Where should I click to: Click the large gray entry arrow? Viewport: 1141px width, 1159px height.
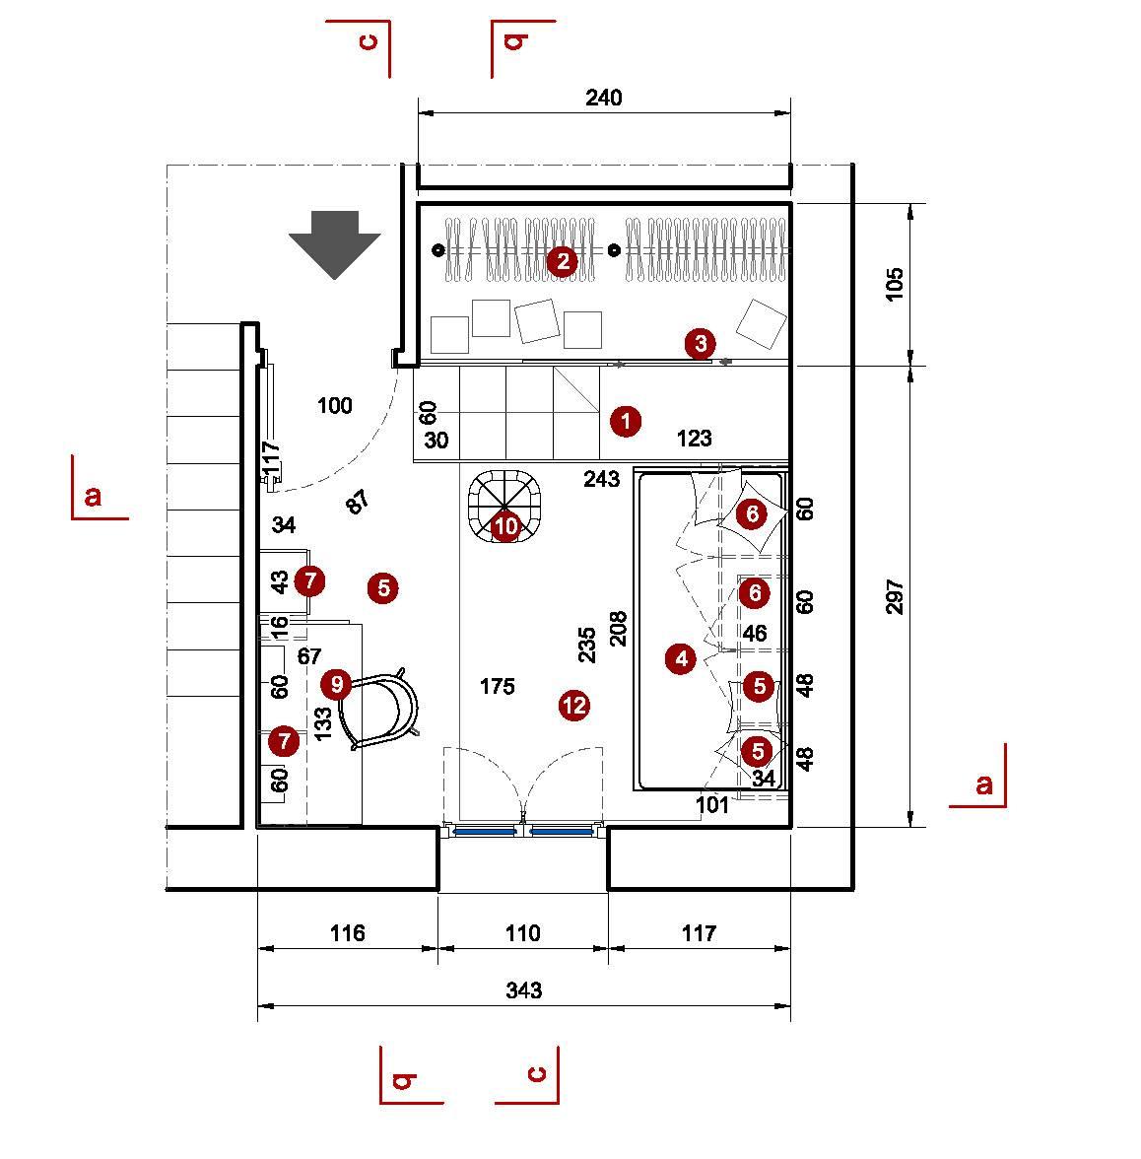[335, 243]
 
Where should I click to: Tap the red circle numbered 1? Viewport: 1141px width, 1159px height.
[626, 422]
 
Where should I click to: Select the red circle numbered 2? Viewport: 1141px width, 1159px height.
[563, 261]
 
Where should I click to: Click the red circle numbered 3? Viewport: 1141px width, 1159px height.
[700, 344]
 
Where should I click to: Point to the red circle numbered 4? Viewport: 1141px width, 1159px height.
[681, 658]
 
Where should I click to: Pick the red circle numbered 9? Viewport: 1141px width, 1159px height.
[337, 683]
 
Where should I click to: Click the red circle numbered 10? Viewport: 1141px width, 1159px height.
[505, 526]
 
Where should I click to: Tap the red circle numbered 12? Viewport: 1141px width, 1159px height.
[573, 705]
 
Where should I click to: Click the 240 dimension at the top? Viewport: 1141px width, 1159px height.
[603, 98]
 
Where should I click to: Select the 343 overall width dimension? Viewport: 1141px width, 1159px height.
[523, 990]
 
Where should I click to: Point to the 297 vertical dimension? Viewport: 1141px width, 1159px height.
[895, 596]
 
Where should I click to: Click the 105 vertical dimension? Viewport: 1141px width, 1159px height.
[895, 284]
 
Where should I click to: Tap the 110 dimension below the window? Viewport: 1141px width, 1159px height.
[522, 932]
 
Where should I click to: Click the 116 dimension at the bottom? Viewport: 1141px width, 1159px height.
[347, 932]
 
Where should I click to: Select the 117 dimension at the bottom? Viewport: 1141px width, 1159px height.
[699, 932]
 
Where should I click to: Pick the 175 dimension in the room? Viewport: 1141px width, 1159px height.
[497, 686]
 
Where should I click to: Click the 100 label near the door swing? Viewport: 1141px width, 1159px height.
[335, 405]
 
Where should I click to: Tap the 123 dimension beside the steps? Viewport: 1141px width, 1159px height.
[694, 439]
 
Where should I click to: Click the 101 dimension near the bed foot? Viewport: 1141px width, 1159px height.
[712, 805]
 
